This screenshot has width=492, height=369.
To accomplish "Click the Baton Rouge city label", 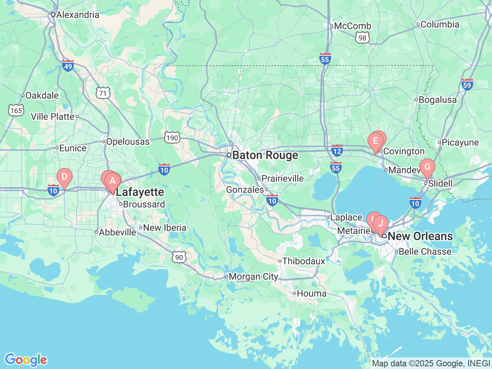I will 265,155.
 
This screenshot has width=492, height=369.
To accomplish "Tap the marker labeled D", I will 65,177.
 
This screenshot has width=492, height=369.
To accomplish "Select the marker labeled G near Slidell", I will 427,168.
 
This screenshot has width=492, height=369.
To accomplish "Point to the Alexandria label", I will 77,15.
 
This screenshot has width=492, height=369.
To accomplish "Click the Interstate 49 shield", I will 68,66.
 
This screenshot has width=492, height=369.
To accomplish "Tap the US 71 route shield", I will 103,93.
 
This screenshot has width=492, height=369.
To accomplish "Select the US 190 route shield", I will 172,138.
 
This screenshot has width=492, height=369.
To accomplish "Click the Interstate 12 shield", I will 337,151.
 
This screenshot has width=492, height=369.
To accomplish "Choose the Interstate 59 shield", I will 467,85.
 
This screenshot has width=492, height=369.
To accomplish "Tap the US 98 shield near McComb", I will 362,38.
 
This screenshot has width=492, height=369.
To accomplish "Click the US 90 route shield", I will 179,257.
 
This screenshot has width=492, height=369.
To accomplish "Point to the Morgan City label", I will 253,277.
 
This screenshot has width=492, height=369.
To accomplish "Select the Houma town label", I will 311,294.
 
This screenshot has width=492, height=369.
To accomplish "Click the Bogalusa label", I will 437,100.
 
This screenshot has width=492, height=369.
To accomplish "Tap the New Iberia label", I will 165,228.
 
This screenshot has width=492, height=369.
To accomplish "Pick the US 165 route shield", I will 16,111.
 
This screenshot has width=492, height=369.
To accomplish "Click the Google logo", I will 26,360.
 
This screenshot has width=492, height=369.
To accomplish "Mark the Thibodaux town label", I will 304,261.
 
